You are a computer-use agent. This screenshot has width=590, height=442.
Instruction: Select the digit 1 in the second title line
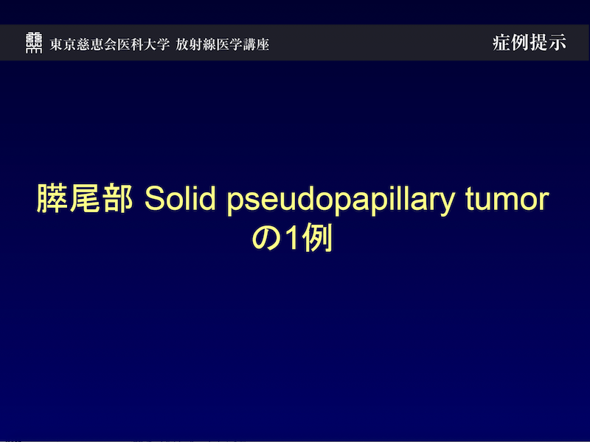click(x=292, y=239)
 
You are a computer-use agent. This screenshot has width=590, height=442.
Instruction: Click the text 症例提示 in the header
click(x=530, y=43)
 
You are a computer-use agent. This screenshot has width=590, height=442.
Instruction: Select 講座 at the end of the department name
click(x=257, y=44)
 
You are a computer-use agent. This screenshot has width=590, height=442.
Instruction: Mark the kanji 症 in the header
click(x=502, y=43)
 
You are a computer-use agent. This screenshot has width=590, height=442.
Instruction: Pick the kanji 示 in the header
click(x=558, y=43)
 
